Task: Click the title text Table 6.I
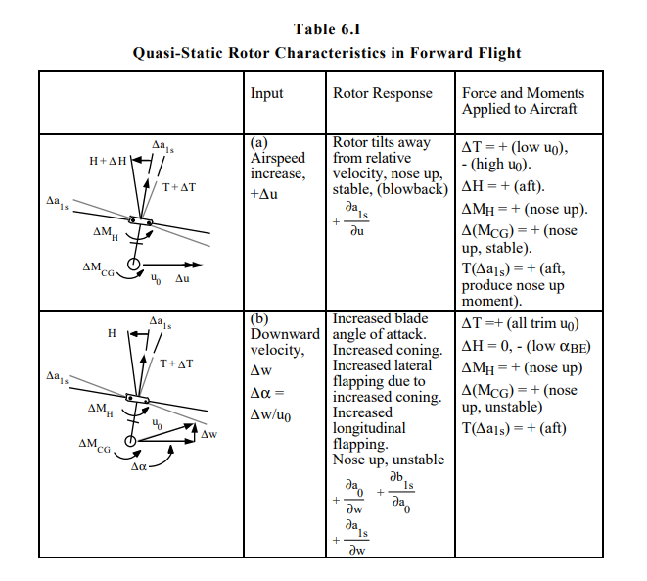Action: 327,29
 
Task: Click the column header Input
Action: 266,93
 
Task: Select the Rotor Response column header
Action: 383,93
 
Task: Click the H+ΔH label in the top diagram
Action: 108,161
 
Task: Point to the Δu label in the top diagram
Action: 182,278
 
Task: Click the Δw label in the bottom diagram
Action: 208,434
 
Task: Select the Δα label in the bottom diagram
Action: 139,467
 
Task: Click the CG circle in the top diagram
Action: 133,264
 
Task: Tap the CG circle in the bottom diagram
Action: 130,441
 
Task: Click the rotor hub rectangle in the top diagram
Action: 140,220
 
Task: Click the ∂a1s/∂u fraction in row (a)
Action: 356,219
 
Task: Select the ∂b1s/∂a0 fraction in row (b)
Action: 401,492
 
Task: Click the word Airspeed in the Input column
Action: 278,158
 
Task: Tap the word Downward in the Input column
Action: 285,334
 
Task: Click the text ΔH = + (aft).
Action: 503,187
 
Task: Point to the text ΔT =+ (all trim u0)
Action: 520,323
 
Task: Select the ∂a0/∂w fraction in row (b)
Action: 354,497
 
